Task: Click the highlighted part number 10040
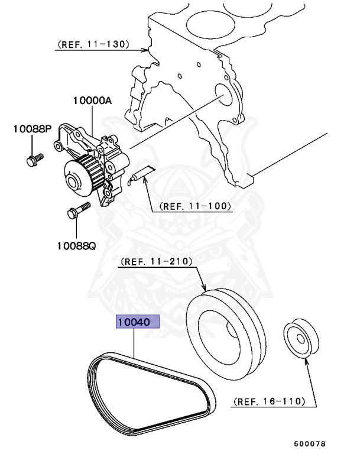click(x=138, y=323)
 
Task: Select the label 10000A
click(x=92, y=101)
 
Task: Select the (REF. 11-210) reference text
click(x=157, y=261)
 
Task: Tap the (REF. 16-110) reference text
click(x=268, y=401)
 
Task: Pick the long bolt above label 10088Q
click(x=79, y=210)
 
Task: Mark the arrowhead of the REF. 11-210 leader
click(x=203, y=290)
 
